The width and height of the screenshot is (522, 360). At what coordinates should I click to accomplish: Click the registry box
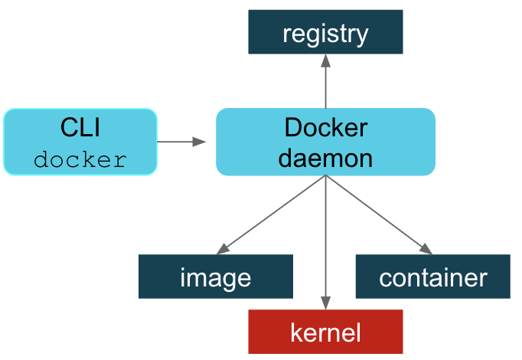[325, 32]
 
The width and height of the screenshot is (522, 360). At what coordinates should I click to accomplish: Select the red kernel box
[325, 332]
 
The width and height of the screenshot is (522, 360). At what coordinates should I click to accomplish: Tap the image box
[215, 277]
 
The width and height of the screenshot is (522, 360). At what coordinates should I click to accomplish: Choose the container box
[432, 277]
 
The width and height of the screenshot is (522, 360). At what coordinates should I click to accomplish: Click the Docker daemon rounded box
[325, 142]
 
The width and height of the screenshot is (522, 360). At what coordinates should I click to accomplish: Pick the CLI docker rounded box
[80, 142]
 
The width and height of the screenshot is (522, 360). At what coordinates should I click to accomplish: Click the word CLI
[80, 127]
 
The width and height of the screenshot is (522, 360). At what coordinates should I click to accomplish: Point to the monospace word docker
[80, 160]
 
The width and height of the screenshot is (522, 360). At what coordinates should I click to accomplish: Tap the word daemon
[325, 158]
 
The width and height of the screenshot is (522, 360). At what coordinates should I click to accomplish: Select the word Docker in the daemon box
[325, 127]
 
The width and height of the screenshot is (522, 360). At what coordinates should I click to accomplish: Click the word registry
[325, 34]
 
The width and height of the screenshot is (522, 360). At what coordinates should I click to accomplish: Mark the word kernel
[325, 332]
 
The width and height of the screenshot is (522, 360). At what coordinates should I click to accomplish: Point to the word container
[432, 277]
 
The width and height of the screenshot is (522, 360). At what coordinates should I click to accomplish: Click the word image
[215, 277]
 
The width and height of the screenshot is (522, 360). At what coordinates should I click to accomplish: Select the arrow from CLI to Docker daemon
[181, 142]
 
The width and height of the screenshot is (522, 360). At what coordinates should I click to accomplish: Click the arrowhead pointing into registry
[325, 61]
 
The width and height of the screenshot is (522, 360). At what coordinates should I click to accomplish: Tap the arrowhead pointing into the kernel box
[325, 303]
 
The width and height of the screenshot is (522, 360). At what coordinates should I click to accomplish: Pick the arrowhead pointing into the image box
[223, 249]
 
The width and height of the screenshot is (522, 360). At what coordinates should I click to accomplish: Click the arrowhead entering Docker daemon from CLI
[201, 142]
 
